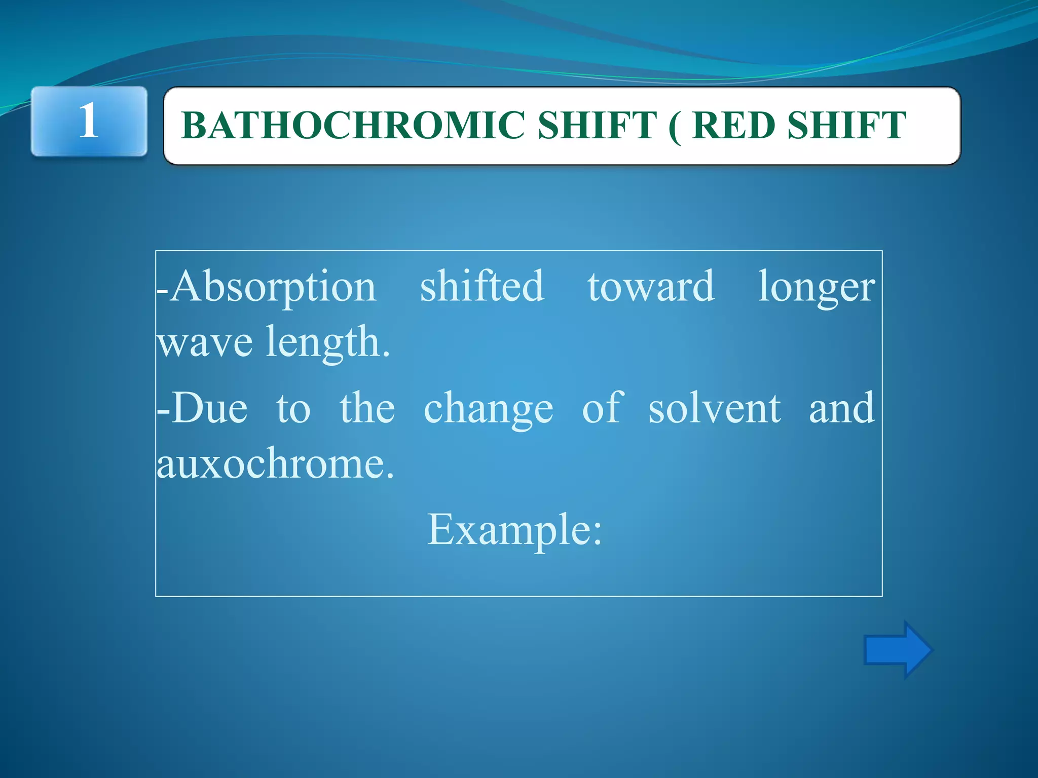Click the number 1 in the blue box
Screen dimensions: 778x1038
[x=89, y=121]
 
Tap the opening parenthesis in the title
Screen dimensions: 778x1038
[x=675, y=127]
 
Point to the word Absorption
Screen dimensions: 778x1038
[x=273, y=287]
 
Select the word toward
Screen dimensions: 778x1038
[x=651, y=287]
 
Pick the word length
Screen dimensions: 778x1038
[x=327, y=342]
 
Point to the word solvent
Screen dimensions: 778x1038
[x=714, y=408]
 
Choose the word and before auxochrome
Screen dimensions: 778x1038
[x=841, y=408]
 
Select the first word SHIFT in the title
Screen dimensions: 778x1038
[x=597, y=126]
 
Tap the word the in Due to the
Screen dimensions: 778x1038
[x=367, y=408]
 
